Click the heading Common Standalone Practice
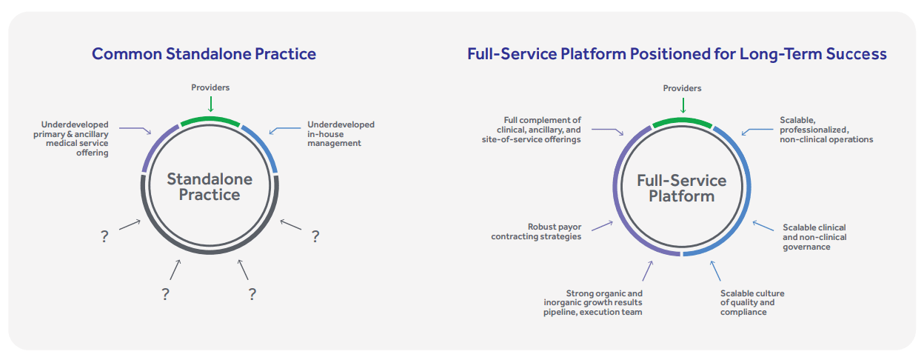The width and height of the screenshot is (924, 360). point(204,54)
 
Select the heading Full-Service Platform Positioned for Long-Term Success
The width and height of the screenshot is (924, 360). point(677,54)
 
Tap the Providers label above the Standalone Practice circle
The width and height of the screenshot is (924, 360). point(210,87)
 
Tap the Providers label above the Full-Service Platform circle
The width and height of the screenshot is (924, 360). point(683,88)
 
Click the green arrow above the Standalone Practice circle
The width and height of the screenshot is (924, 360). point(211,104)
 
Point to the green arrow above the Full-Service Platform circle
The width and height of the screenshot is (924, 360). point(683,105)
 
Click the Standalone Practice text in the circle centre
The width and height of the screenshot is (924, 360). point(210,187)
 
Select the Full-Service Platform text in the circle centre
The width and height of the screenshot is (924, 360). point(681,188)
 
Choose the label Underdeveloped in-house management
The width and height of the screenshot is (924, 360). point(341,134)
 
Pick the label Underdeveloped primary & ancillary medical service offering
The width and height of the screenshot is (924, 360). point(71,139)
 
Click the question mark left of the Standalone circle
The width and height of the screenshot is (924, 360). point(105,236)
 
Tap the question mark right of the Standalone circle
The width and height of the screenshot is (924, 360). point(315,236)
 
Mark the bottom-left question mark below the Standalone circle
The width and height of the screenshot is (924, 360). point(165,294)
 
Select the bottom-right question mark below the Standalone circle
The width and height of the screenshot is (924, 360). point(252,294)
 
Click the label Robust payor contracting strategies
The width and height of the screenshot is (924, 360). point(536,232)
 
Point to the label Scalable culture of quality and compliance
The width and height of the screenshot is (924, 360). point(752,303)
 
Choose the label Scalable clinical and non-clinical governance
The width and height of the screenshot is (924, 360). point(814,237)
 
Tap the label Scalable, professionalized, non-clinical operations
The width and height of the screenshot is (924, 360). point(826,130)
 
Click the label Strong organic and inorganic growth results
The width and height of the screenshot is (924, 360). point(593,303)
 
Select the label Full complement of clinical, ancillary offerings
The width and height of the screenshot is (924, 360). point(532,130)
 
